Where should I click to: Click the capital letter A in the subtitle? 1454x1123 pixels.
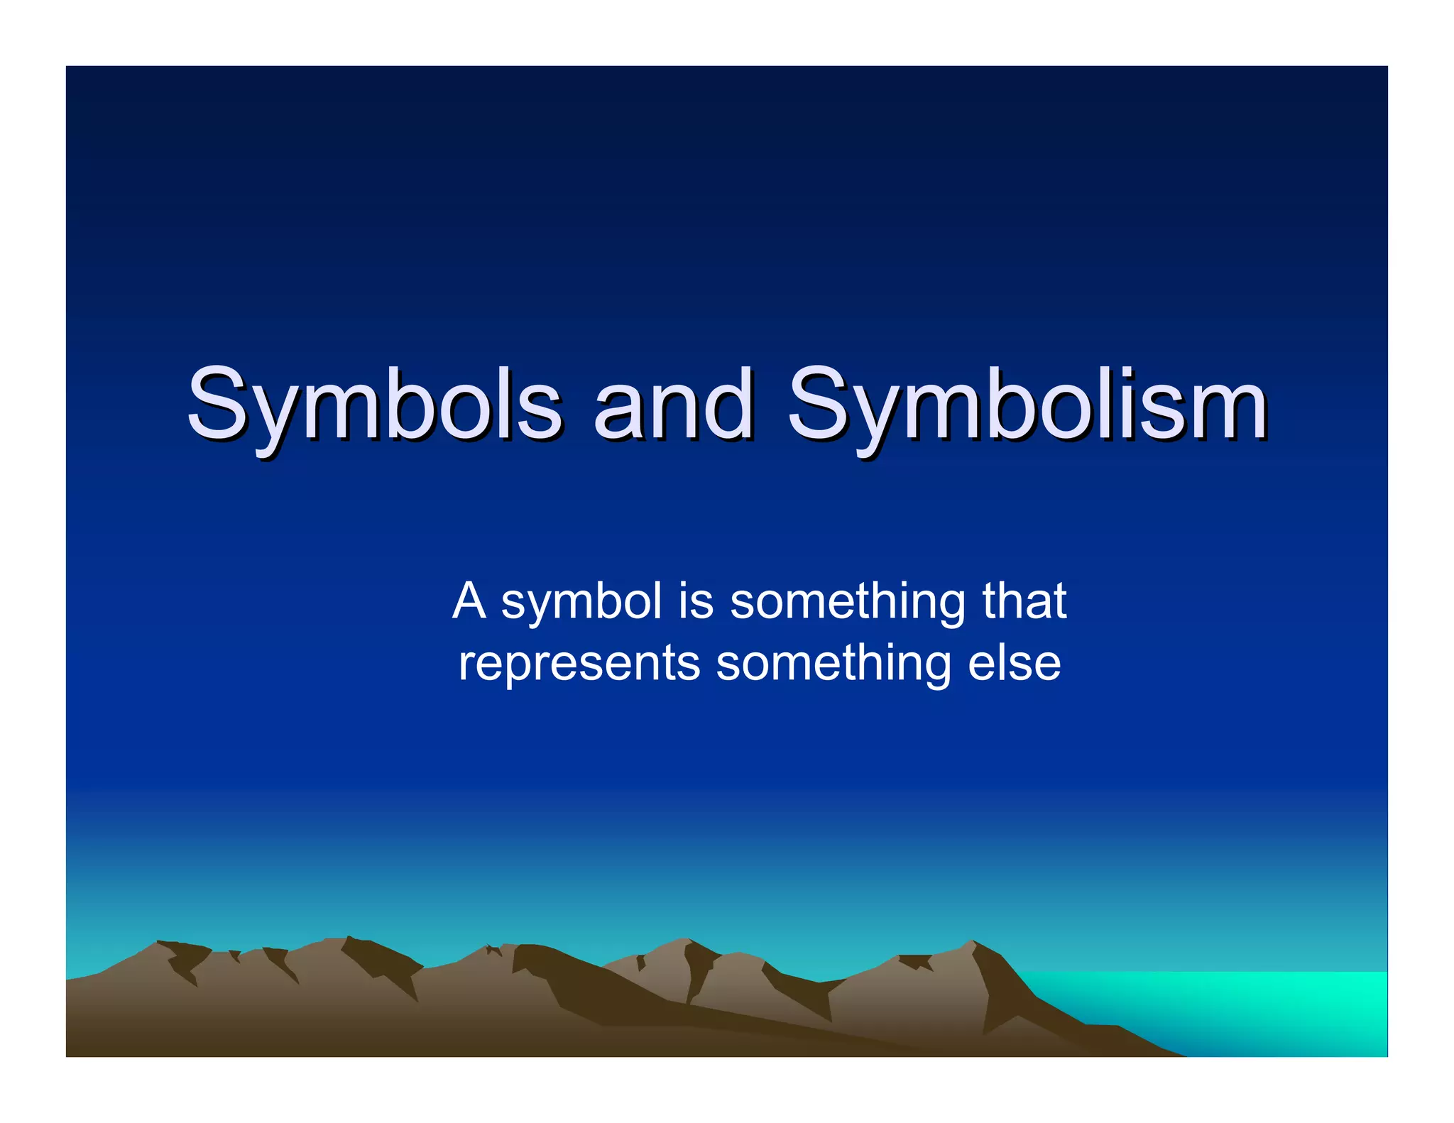[469, 601]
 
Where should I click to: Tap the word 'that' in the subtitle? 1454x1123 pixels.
[1024, 601]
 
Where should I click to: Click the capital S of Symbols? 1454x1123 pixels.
[217, 403]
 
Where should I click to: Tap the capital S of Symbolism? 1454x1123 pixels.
[817, 403]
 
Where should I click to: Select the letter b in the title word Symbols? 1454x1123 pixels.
[420, 403]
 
